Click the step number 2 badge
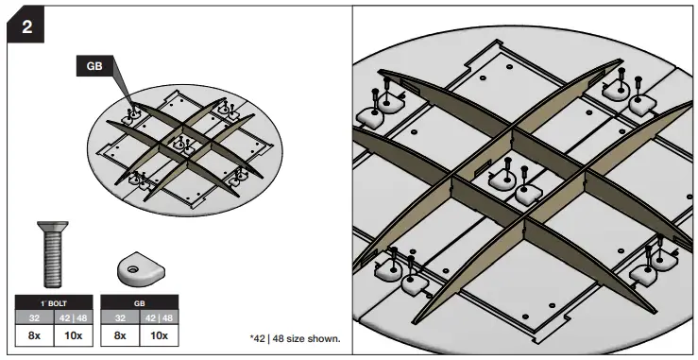[27, 26]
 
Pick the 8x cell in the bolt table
[32, 334]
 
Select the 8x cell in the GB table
[120, 334]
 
